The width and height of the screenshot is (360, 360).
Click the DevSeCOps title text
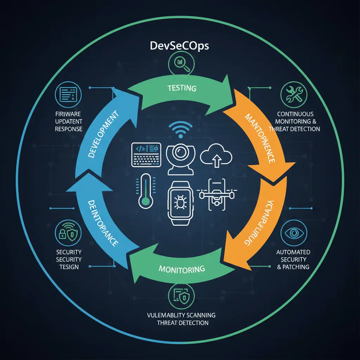point(180,46)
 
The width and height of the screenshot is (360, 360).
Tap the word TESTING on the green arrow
point(182,88)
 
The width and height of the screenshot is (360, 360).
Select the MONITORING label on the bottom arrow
point(181,269)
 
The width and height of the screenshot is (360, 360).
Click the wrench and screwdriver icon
point(294,94)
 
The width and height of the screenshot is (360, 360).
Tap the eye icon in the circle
point(294,233)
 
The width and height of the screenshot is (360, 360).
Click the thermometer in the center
point(144,192)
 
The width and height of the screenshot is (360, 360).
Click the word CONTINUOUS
point(295,114)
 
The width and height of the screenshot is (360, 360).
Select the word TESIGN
point(69,267)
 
